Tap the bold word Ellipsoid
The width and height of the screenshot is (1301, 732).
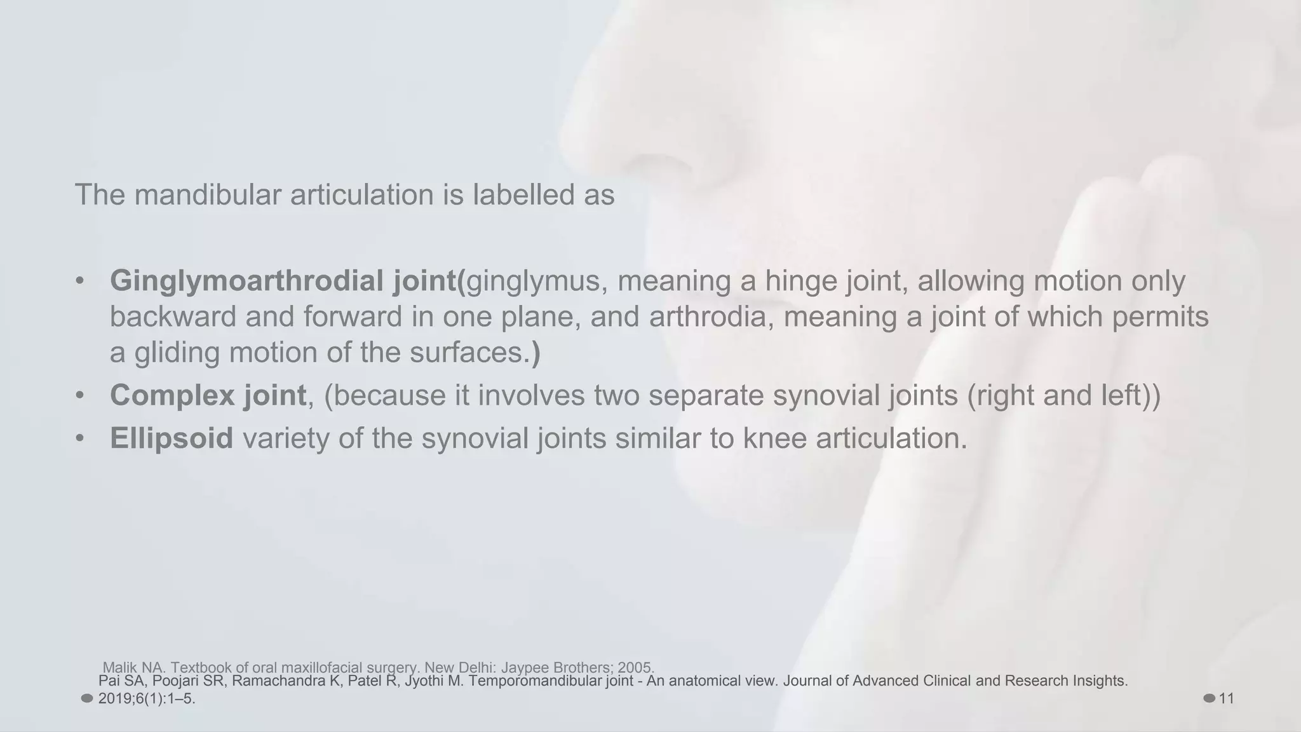(x=172, y=438)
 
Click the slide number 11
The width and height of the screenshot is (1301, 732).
(x=1227, y=699)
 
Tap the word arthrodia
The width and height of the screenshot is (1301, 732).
(x=707, y=316)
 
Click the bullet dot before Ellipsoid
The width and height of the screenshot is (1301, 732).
(x=79, y=438)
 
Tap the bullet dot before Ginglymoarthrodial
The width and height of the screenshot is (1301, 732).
(x=79, y=281)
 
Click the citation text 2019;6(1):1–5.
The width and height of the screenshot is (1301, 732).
(x=147, y=699)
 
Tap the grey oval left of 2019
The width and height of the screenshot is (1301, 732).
(x=87, y=699)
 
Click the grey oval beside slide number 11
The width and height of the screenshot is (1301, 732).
(x=1209, y=699)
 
